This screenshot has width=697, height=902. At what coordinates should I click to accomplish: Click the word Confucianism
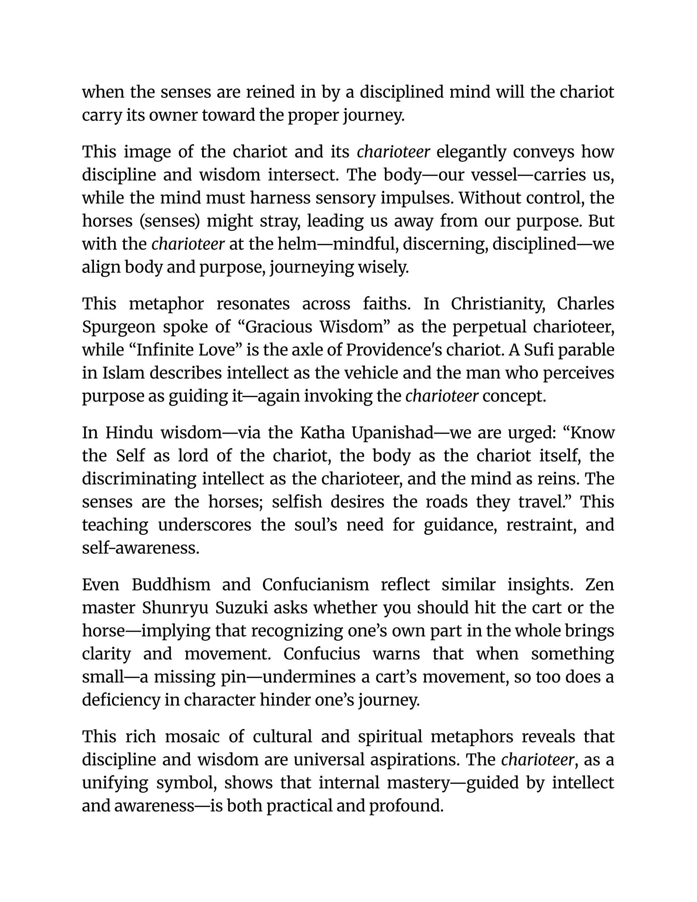tap(315, 585)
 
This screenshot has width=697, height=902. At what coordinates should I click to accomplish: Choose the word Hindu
tap(129, 433)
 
